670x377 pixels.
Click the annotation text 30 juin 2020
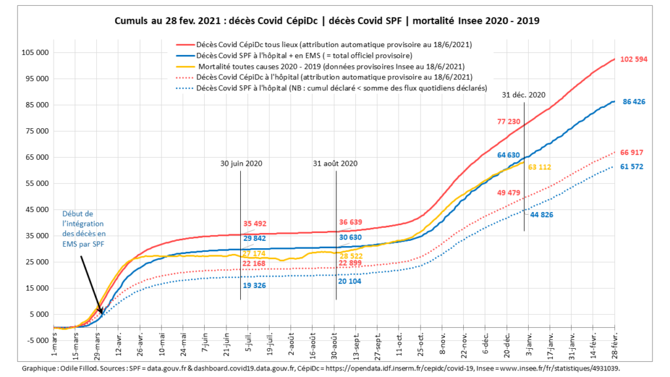241,164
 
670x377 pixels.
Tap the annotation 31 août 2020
336,164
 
